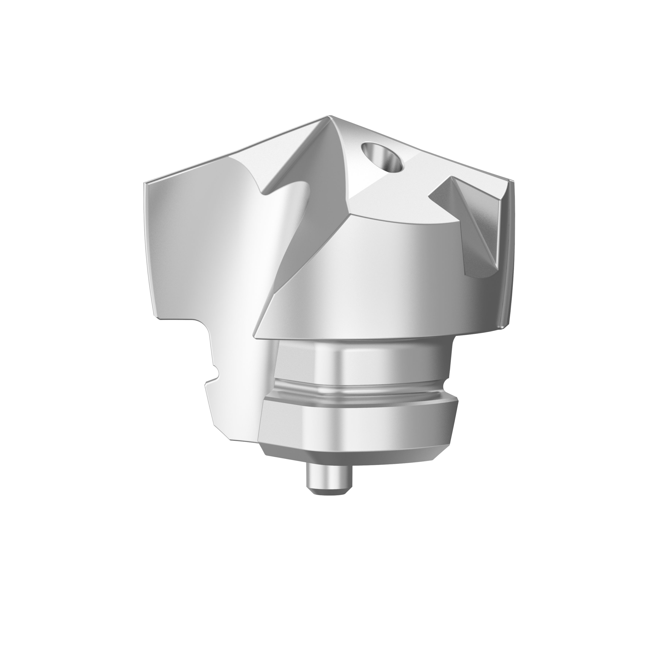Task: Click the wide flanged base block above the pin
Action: tap(358, 425)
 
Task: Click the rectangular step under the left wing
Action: tap(179, 322)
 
